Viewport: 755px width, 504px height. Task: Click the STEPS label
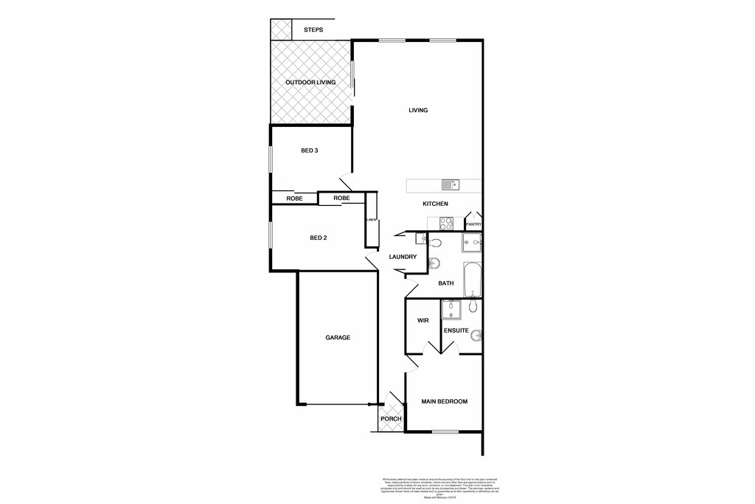(313, 30)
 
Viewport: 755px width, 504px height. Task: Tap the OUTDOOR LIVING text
(310, 83)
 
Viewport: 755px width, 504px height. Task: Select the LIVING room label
(419, 111)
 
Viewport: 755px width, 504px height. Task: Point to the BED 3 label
(309, 151)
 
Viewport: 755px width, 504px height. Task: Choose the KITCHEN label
(435, 204)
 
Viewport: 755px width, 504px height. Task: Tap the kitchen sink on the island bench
(450, 184)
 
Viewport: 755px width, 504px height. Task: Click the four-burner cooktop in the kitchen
(446, 224)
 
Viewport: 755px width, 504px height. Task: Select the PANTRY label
(473, 224)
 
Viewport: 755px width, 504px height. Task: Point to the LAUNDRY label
(403, 257)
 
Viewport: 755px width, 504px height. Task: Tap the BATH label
(446, 283)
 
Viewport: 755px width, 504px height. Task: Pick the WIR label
(423, 321)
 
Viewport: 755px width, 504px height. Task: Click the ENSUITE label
(456, 331)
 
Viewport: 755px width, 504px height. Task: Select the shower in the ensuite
(449, 308)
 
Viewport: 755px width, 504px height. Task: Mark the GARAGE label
(338, 337)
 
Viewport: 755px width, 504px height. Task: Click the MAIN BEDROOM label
(445, 401)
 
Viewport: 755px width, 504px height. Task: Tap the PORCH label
(391, 419)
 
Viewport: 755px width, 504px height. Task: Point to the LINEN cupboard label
(372, 219)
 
